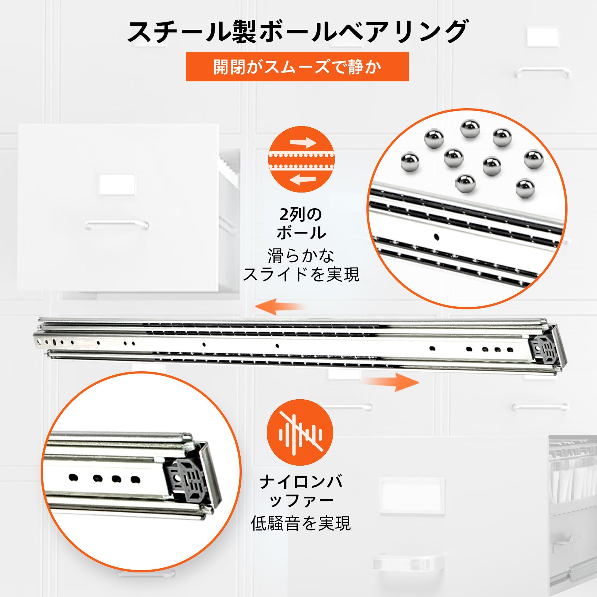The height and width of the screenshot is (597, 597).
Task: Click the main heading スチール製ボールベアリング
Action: pos(297,31)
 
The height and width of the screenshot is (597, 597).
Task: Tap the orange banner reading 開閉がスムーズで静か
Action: pos(297,67)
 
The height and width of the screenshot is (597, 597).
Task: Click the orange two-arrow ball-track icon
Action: pos(301,159)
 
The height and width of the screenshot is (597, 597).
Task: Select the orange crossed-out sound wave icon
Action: pos(300,432)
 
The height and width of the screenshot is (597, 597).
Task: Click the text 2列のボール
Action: pos(301,224)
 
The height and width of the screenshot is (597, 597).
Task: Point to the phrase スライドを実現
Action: pos(301,275)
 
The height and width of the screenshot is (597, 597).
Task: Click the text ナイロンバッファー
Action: pos(301,491)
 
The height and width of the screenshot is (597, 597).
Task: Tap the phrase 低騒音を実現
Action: pos(301,523)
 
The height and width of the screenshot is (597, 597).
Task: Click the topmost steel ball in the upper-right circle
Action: pos(470,129)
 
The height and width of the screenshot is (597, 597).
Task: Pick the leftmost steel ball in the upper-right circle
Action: pos(410,162)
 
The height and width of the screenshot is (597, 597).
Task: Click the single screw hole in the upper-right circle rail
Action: pos(436,237)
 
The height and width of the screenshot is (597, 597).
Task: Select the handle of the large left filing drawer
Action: pos(116,225)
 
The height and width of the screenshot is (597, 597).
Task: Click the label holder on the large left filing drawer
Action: pos(117,184)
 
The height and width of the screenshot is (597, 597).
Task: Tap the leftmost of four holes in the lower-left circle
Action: pos(73,477)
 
